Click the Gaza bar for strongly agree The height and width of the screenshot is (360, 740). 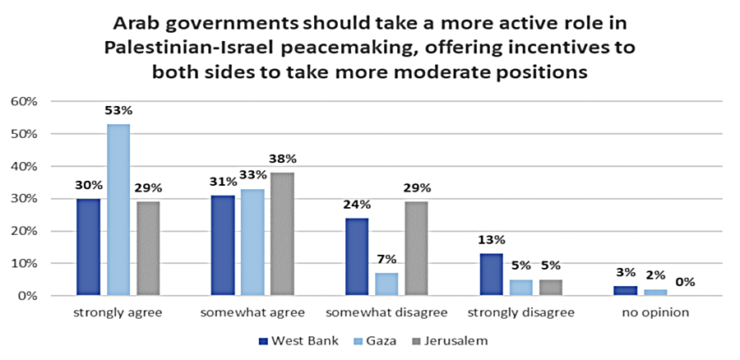[x=118, y=210]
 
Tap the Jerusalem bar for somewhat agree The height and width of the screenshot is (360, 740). [x=282, y=233]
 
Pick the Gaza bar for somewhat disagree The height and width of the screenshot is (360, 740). [x=386, y=284]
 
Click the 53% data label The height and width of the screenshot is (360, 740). [x=118, y=110]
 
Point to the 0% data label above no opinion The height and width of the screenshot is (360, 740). [x=685, y=282]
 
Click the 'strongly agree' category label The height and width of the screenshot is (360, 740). [x=118, y=313]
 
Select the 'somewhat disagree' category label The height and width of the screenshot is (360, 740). [x=386, y=313]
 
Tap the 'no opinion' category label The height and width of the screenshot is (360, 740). [x=654, y=313]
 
